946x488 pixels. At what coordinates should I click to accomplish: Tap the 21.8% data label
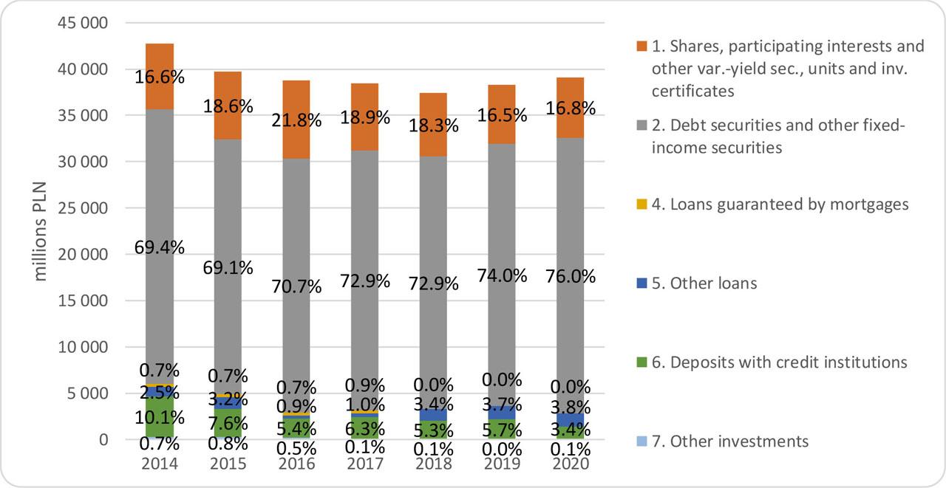[300, 120]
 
